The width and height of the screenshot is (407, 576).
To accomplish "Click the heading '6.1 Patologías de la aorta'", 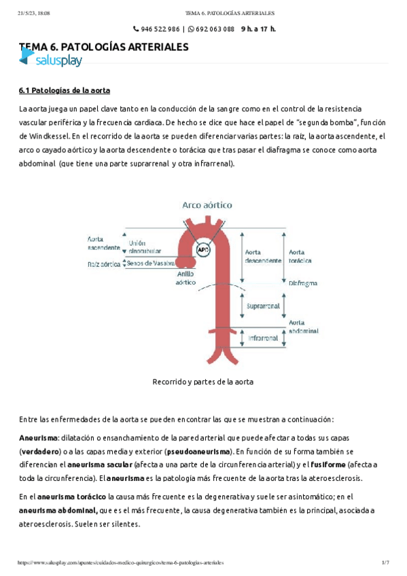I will [64, 90].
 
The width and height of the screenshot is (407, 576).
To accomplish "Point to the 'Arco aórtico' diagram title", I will [207, 204].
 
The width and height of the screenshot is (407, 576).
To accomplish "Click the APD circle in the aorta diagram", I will [202, 249].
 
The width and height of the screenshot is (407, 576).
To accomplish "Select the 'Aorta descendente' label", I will [263, 256].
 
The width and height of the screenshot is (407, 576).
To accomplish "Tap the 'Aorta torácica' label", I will [301, 255].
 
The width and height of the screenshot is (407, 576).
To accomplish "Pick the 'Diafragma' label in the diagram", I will [303, 283].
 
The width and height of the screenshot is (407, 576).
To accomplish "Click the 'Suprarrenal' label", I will [264, 306].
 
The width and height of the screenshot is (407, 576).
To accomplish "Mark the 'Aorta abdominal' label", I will [303, 327].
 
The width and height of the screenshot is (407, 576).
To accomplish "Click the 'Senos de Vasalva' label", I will [150, 263].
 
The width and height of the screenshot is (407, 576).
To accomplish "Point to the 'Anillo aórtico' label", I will [185, 277].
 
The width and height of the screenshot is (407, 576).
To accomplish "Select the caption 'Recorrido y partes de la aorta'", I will [204, 382].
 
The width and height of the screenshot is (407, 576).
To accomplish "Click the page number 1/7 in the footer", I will [385, 563].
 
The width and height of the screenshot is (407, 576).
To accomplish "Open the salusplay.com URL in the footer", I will [120, 563].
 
